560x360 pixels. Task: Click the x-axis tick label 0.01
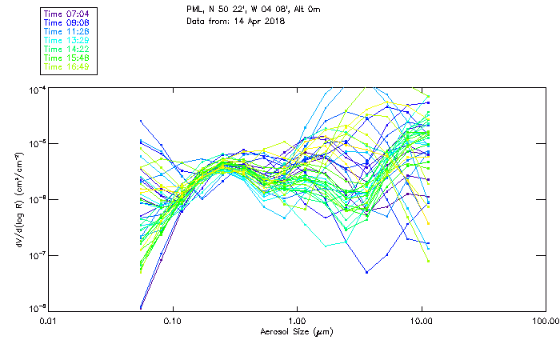click(x=49, y=321)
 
